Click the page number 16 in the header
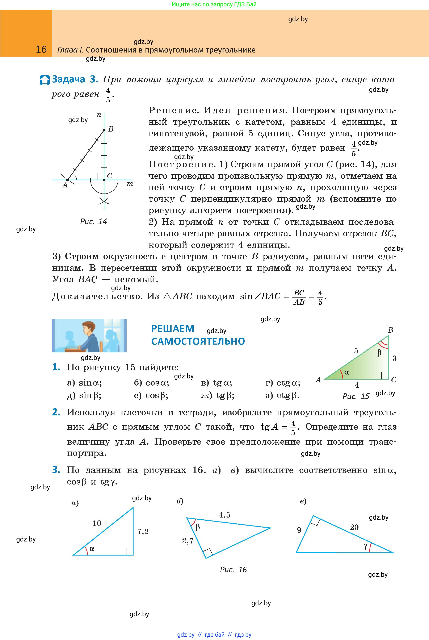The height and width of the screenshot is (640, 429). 41,49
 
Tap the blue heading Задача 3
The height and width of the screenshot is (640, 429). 75,79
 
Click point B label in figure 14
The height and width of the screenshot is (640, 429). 111,129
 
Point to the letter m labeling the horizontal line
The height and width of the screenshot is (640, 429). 130,184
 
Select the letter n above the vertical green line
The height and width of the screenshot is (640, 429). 99,115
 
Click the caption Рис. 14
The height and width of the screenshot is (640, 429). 93,221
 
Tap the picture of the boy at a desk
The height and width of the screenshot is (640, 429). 89,335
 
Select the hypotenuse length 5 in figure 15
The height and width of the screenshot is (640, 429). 356,351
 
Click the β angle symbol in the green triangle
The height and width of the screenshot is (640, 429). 379,353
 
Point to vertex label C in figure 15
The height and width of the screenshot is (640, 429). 394,380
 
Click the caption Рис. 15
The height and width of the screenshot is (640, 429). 356,396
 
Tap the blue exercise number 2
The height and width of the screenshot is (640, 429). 56,412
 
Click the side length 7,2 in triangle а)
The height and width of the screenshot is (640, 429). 143,531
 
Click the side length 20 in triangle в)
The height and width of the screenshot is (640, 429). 354,527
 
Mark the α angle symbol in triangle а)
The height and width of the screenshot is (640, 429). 92,548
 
